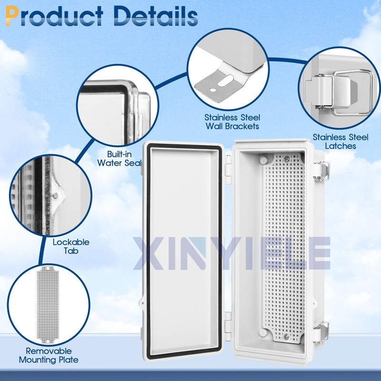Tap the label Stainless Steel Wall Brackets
(232, 121)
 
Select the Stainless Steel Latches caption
(341, 141)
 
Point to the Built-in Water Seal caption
(119, 158)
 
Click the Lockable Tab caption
(71, 246)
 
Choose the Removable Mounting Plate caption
(49, 355)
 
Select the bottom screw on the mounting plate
(286, 336)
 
